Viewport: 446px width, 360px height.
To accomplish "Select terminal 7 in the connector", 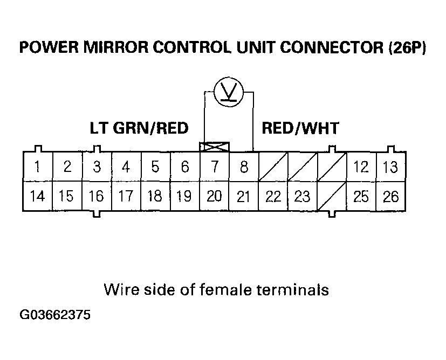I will coord(215,167).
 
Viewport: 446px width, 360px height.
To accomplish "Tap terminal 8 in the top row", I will coord(244,167).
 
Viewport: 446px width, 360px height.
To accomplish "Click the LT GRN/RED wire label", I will coord(139,128).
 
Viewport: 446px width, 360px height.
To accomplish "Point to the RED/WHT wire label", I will coord(300,128).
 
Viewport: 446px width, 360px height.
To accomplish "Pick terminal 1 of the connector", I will coord(37,167).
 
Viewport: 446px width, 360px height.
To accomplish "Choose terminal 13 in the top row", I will coord(390,167).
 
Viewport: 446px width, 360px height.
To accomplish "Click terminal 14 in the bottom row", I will coord(37,196).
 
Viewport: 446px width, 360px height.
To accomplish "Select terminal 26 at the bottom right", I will coord(390,196).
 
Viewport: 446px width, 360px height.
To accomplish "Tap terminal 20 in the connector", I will coord(215,196).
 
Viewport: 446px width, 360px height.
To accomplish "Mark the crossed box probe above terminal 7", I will coord(215,147).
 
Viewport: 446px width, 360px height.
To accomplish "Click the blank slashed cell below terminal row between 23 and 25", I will coord(332,196).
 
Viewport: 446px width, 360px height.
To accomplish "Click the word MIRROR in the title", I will coord(116,48).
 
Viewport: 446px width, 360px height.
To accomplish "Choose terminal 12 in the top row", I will coord(361,167).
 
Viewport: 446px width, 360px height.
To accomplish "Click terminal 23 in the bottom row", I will coord(303,196).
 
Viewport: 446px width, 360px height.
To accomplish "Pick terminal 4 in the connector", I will coord(126,167).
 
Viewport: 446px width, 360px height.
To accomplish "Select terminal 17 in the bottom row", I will coord(126,196).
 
